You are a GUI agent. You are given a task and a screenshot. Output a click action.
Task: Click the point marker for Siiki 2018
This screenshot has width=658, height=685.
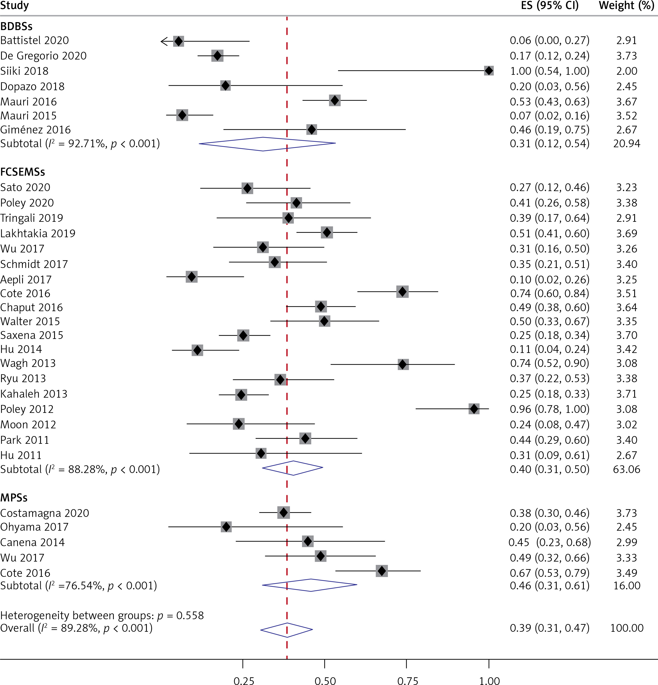click(488, 71)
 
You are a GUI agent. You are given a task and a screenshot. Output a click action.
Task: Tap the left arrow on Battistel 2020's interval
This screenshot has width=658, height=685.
click(164, 41)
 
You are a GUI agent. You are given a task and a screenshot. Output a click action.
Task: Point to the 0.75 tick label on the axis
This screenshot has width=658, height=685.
click(407, 680)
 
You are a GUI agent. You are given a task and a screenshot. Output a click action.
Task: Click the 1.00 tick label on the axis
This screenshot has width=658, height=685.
click(489, 680)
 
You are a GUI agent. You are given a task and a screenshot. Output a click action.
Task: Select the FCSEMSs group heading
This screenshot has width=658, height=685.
click(23, 172)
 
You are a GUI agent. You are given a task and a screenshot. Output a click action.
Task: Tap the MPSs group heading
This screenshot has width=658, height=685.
click(14, 498)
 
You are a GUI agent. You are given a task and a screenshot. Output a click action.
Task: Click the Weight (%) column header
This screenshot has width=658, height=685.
click(626, 6)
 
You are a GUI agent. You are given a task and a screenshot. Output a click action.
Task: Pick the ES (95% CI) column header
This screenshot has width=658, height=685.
click(550, 6)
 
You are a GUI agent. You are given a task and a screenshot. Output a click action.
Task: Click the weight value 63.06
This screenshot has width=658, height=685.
click(626, 469)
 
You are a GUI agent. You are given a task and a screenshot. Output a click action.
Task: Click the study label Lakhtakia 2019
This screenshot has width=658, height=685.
click(38, 233)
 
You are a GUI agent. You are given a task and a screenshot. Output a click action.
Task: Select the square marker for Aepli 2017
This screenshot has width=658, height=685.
click(192, 277)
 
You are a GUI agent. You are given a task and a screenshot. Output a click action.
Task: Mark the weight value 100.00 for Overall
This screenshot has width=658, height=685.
click(626, 628)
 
